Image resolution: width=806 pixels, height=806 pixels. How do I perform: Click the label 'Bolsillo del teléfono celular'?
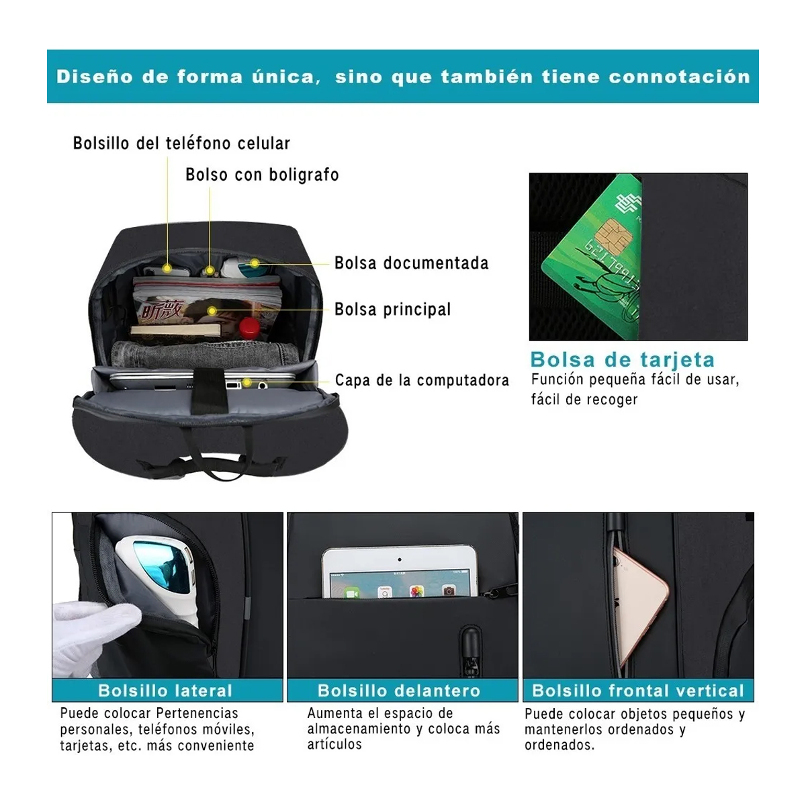181,143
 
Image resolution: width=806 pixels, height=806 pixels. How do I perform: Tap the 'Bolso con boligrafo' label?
262,175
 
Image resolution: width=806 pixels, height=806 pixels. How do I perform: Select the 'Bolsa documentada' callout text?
411,263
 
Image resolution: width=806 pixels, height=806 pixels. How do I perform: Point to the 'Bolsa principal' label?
392,310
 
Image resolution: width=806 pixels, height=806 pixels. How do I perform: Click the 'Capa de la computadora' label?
422,380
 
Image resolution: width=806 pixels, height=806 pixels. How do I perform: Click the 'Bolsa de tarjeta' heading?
622,360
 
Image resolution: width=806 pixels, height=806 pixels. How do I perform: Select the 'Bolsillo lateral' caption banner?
165,690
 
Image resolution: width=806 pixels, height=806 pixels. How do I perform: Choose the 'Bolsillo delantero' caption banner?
399,690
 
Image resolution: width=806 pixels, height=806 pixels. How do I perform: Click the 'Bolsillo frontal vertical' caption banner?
638,690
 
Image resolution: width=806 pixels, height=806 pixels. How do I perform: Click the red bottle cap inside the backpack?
250,327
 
